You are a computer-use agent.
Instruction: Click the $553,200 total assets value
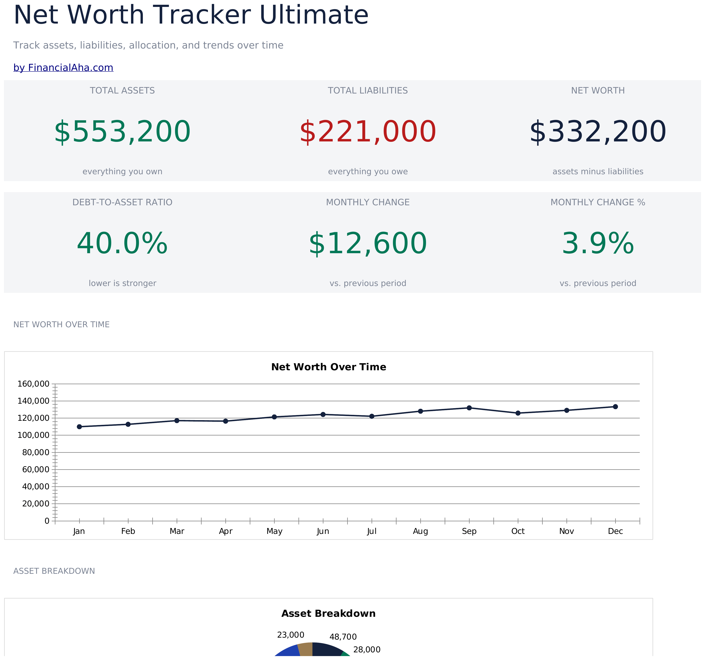122,132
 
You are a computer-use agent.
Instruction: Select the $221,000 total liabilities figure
368,132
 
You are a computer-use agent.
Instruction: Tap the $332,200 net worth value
598,132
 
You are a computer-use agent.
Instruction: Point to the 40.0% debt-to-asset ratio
122,244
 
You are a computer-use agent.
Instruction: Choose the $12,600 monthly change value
368,244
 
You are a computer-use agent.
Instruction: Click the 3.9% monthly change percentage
598,244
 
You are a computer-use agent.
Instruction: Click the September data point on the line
469,408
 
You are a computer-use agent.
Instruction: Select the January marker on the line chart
79,427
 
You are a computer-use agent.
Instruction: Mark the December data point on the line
615,407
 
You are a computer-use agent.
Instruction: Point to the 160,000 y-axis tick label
33,384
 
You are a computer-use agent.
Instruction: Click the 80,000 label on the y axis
36,452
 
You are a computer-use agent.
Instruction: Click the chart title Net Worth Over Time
329,367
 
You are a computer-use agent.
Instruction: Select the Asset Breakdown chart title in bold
329,614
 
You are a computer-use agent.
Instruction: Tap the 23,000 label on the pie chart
291,635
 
